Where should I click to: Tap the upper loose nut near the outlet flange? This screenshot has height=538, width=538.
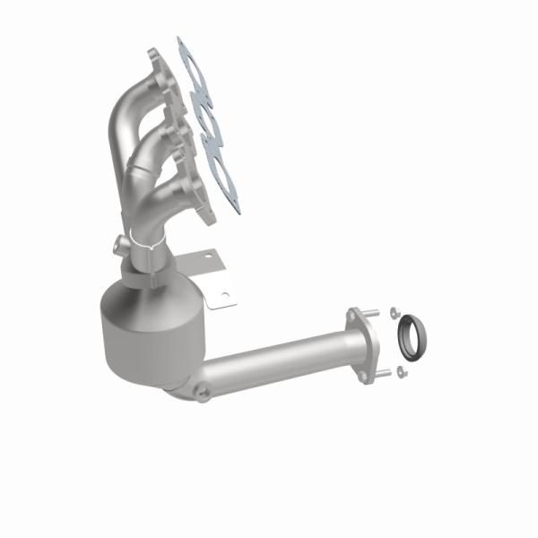tap(392, 313)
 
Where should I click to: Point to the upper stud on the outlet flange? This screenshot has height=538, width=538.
tap(374, 315)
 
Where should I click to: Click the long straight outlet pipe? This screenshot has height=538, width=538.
tap(278, 359)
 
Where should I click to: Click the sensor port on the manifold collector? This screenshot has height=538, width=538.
tap(119, 244)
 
